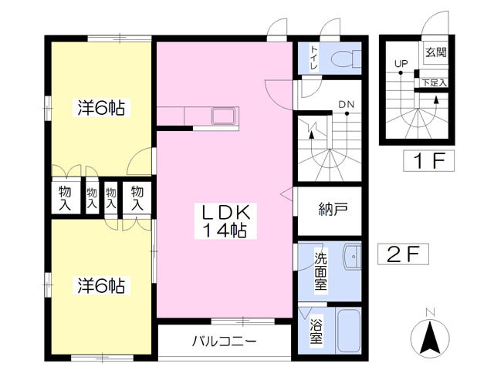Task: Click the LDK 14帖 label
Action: click(x=225, y=221)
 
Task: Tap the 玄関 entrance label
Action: click(x=436, y=52)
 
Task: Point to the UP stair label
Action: click(x=401, y=63)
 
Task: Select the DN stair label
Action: click(x=346, y=106)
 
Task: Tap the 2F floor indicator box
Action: click(x=401, y=254)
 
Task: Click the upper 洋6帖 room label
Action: click(x=100, y=108)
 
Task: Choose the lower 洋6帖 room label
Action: click(x=100, y=285)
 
